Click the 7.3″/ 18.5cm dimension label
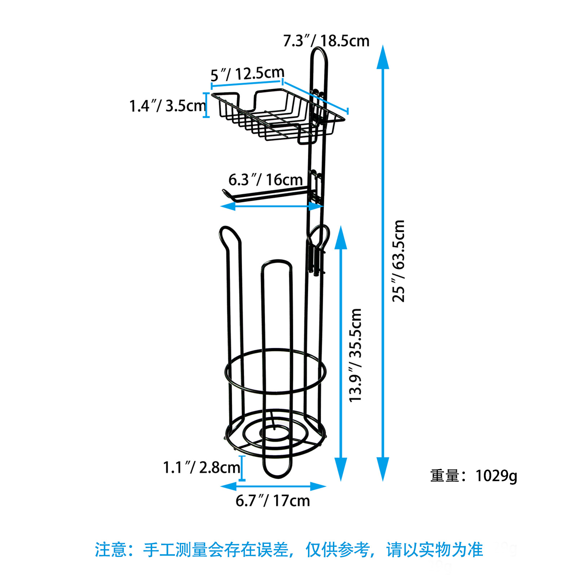pos(326,41)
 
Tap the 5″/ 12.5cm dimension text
pos(247,74)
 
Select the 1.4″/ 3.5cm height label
pos(167,106)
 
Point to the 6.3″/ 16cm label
pos(265,180)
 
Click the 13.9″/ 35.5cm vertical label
pos(355,355)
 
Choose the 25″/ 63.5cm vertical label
pos(398,261)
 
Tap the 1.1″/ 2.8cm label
pos(201,467)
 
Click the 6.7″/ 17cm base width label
pos(273,501)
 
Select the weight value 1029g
pos(496,476)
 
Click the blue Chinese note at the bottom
pos(289,550)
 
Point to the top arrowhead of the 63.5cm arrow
pos(383,57)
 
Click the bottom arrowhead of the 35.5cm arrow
pos(341,469)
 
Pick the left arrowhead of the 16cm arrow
pos(228,206)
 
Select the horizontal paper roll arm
pos(267,195)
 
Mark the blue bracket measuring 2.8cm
pos(242,468)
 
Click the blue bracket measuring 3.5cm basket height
pos(207,105)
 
